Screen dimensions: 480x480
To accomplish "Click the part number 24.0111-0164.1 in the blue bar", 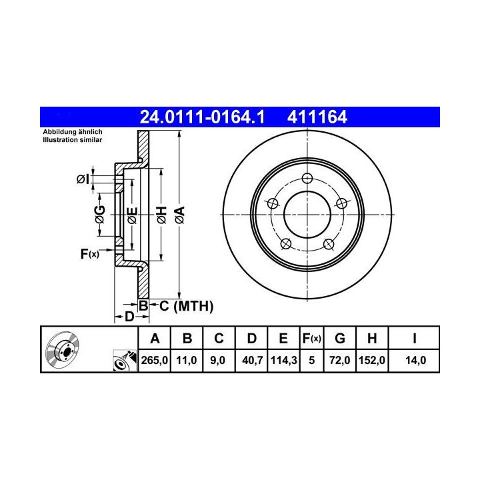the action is [202, 117].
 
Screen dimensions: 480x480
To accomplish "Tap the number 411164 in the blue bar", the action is [317, 117].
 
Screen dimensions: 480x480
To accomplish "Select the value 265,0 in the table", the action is [154, 360].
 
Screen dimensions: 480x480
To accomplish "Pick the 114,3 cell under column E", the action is [283, 360].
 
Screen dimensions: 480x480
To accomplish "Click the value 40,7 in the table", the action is [252, 360].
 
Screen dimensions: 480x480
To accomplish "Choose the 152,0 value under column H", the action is [371, 360].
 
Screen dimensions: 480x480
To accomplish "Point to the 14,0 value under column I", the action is [415, 360].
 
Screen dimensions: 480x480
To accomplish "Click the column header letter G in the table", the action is [340, 339].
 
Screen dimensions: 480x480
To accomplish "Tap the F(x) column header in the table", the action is [311, 339].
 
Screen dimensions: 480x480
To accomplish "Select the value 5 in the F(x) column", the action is [311, 360].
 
